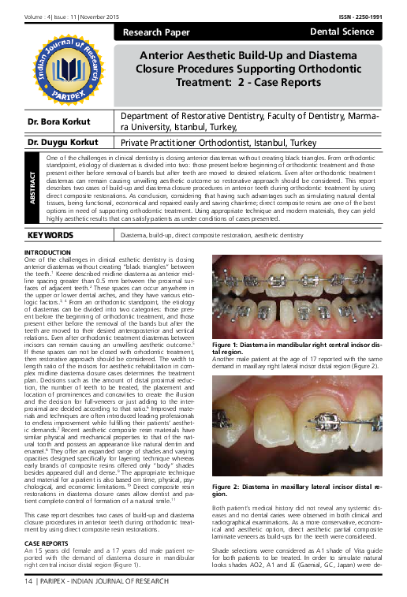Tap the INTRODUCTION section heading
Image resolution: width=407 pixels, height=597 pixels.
click(48, 252)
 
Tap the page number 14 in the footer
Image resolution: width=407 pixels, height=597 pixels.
click(29, 580)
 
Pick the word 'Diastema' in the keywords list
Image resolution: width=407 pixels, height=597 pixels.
click(130, 236)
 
